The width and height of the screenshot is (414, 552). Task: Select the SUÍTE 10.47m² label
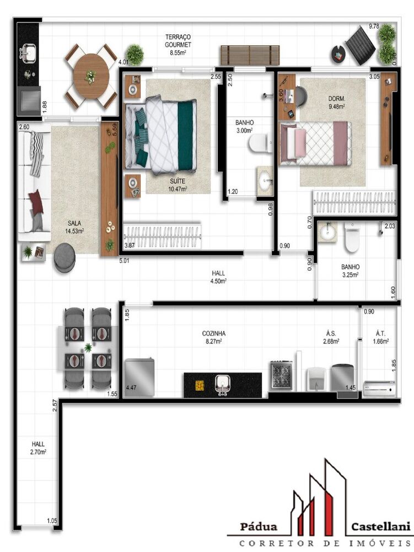(x=178, y=185)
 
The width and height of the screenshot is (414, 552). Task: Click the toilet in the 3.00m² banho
(x=260, y=143)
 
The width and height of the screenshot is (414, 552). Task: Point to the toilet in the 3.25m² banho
(x=352, y=237)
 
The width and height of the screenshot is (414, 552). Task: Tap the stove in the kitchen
(x=282, y=375)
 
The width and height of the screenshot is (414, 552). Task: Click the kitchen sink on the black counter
(x=223, y=384)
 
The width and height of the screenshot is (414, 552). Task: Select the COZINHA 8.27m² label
(x=214, y=337)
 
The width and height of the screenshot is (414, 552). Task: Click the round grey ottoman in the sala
(x=64, y=258)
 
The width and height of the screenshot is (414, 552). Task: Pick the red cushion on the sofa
(x=36, y=201)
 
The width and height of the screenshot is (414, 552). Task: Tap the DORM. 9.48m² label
(x=337, y=103)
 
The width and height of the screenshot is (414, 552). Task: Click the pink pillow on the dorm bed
(x=300, y=143)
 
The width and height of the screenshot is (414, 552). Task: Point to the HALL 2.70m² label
(x=38, y=448)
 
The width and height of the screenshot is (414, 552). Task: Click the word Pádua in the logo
(x=259, y=527)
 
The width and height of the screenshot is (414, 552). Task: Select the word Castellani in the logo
(x=380, y=527)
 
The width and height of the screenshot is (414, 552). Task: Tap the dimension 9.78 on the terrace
(x=374, y=26)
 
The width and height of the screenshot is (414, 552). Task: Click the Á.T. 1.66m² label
(x=380, y=337)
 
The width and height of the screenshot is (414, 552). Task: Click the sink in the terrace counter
(x=29, y=52)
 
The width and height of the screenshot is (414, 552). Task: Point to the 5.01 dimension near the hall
(x=125, y=261)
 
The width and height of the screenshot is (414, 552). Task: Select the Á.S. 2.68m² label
(x=331, y=337)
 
